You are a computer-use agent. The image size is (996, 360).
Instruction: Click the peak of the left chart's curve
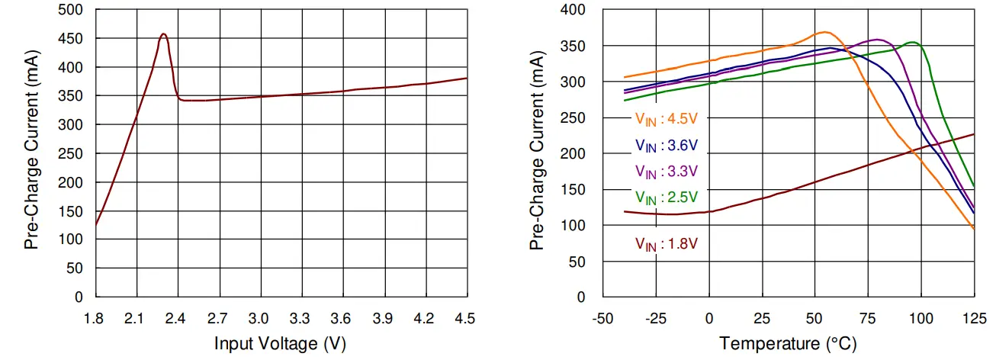click(163, 34)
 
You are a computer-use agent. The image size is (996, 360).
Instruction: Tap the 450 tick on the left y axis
click(73, 39)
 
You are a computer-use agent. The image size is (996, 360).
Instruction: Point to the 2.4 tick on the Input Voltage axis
click(178, 317)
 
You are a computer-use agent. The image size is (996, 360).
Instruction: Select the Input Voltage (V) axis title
click(280, 344)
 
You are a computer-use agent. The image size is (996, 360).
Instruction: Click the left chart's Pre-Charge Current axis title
click(31, 153)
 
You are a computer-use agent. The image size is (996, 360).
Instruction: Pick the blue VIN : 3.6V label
click(667, 145)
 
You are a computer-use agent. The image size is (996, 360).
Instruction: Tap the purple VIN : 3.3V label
click(667, 170)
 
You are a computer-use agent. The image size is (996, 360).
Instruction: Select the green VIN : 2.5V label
click(667, 198)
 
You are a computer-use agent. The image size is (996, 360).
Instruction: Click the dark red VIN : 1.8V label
click(667, 244)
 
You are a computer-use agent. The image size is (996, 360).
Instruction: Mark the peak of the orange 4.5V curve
click(824, 32)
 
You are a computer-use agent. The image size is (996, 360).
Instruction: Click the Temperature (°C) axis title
click(788, 344)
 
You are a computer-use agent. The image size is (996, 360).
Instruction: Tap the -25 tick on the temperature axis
click(657, 317)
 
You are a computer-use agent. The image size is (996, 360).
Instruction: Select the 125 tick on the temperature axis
click(974, 317)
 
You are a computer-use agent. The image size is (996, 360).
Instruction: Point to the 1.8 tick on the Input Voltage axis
click(95, 317)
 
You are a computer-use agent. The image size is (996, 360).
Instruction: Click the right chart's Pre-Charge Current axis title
click(538, 153)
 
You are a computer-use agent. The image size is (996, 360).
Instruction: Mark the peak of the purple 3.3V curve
click(878, 40)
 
